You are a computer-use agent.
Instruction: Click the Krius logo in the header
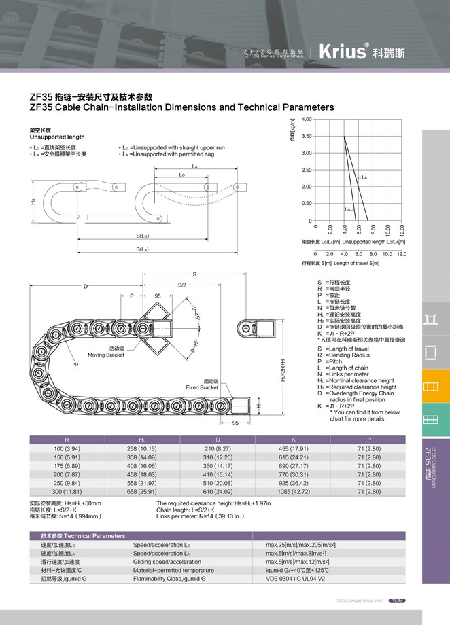point(341,52)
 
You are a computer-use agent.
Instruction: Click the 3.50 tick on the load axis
point(307,136)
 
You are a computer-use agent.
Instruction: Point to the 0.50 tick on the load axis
point(307,203)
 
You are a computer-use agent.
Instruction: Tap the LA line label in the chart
point(364,177)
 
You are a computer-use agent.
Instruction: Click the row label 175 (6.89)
point(67,466)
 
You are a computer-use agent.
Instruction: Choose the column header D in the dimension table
point(218,440)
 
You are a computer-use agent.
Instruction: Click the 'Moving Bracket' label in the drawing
point(106,351)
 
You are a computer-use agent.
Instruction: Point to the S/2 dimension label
point(182,285)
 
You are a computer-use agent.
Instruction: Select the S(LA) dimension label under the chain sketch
point(142,249)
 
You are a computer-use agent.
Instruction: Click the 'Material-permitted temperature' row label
point(173,570)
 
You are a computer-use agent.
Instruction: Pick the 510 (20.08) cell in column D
point(218,482)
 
